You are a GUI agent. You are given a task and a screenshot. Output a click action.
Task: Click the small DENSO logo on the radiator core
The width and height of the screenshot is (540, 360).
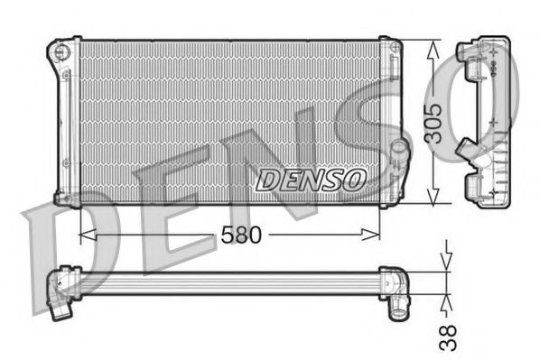pos(310,180)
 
